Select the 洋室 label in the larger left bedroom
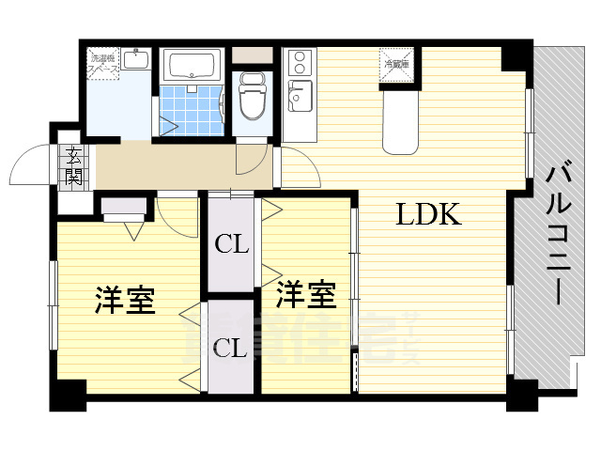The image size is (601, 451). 124,302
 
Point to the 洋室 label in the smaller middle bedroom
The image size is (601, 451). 306,295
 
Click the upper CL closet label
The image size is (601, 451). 231,244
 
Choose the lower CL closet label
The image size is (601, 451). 231,349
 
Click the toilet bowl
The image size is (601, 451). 252,100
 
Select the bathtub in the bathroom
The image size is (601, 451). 191,65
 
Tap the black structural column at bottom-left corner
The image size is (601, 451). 67,394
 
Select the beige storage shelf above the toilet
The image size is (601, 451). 251,54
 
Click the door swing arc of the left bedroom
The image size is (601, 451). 174,219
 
